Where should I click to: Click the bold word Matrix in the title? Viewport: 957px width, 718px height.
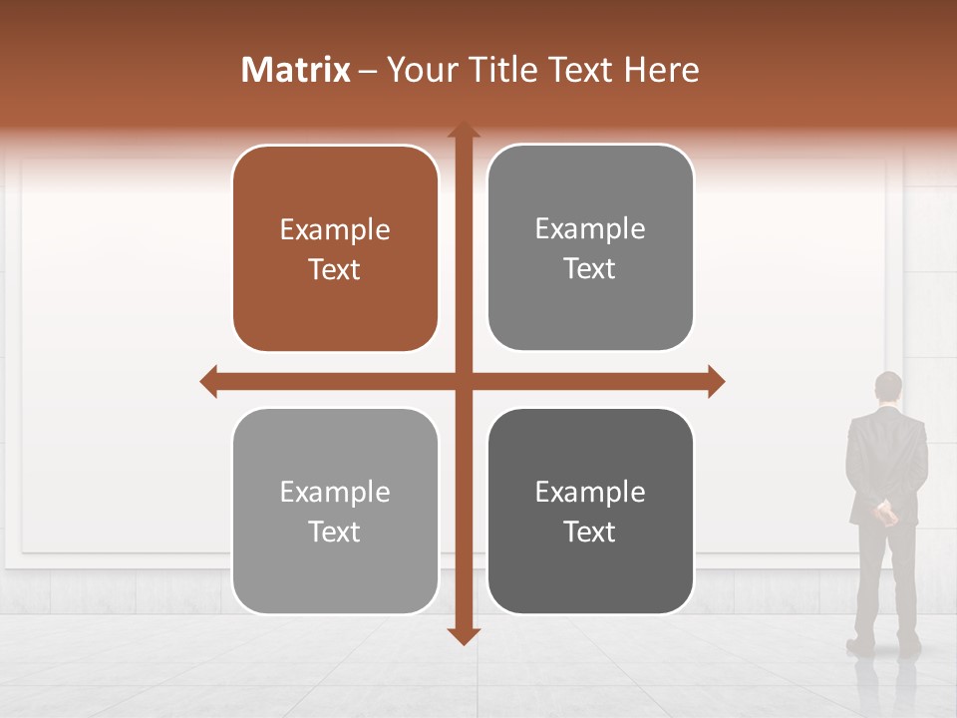coord(296,70)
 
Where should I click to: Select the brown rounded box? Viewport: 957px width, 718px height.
coord(335,249)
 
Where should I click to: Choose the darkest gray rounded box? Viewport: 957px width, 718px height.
coord(590,511)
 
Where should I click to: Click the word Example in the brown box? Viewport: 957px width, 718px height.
coord(335,229)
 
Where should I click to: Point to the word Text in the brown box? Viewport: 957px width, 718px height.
coord(335,270)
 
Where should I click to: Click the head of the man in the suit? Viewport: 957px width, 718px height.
coord(887,388)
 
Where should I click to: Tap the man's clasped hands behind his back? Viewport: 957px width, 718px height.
coord(884,514)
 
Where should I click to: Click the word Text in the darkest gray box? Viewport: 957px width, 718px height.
coord(590,532)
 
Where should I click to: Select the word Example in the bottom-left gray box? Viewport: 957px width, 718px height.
coord(335,492)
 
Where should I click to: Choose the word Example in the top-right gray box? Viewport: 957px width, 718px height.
coord(590,228)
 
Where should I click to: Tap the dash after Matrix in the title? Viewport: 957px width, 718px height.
coord(368,71)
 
